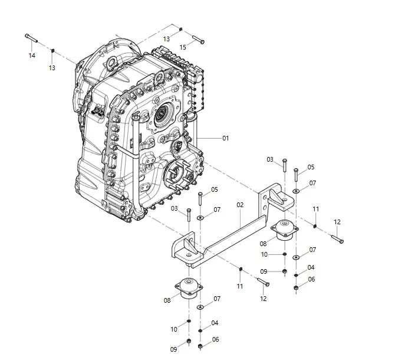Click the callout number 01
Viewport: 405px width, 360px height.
(x=225, y=138)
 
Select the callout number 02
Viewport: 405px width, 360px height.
(x=240, y=205)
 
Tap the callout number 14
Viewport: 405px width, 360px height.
(x=32, y=55)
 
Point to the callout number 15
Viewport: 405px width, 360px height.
(x=183, y=47)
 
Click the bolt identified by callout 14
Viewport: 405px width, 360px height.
(x=32, y=38)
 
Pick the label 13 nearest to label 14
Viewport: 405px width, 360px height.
(x=52, y=68)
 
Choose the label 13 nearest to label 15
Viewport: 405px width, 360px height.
(x=167, y=38)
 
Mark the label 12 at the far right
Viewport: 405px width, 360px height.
(x=337, y=222)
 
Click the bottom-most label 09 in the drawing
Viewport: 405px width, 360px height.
(x=173, y=349)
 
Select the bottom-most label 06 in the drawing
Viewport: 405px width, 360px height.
(x=215, y=339)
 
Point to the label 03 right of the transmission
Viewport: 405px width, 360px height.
(x=270, y=159)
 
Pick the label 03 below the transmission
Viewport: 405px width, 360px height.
(x=174, y=208)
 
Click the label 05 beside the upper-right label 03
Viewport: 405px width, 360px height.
(x=311, y=167)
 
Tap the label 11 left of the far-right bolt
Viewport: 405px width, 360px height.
(x=316, y=209)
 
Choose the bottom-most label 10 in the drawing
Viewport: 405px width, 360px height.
(x=173, y=329)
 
